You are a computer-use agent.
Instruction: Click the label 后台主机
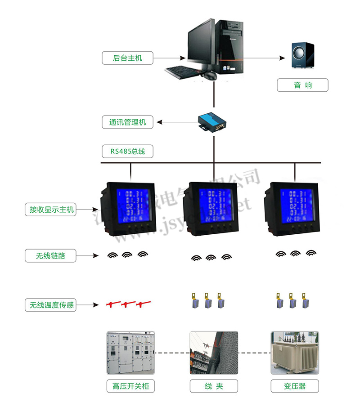click(x=127, y=58)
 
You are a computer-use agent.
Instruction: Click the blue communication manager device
click(x=213, y=121)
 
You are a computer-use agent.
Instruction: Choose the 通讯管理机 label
click(x=127, y=122)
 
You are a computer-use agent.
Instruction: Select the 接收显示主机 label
click(x=50, y=209)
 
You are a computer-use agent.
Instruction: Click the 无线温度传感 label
click(x=50, y=305)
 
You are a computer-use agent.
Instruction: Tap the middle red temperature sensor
click(x=129, y=304)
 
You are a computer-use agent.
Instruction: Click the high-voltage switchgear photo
click(x=130, y=353)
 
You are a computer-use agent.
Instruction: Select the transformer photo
click(x=295, y=353)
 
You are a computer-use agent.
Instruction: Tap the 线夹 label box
click(x=213, y=386)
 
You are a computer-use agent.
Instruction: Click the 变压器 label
click(x=295, y=386)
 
